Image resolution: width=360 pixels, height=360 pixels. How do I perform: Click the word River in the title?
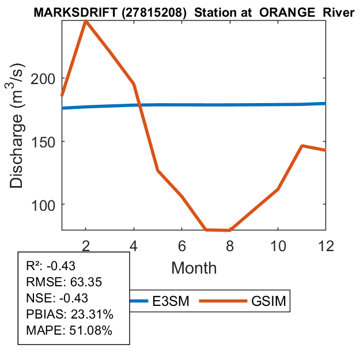pyautogui.click(x=337, y=12)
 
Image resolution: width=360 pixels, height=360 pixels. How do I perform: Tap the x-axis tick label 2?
pyautogui.click(x=85, y=245)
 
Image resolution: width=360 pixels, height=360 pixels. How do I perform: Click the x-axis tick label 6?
pyautogui.click(x=181, y=245)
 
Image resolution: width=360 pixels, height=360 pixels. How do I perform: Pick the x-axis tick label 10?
pyautogui.click(x=278, y=245)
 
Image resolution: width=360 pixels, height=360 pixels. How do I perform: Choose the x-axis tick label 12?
pyautogui.click(x=325, y=245)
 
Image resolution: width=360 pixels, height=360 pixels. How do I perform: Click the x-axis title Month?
pyautogui.click(x=194, y=268)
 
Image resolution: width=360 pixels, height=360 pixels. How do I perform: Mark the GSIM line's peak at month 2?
pyautogui.click(x=85, y=21)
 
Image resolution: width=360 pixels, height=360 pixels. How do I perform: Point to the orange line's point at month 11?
pyautogui.click(x=302, y=146)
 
